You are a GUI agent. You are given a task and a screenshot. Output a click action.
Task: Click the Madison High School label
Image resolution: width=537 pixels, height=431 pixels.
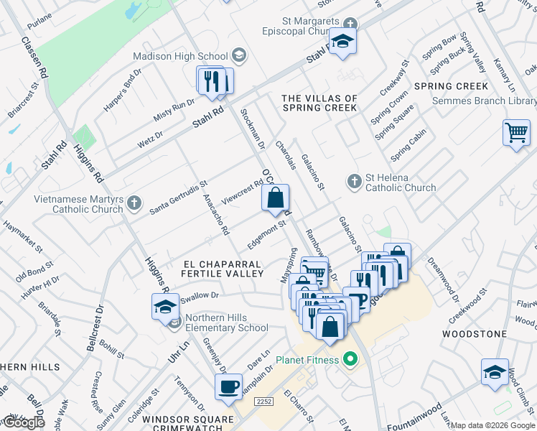point(181,56)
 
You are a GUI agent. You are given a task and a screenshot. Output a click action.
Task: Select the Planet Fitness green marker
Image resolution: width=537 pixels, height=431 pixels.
point(350,358)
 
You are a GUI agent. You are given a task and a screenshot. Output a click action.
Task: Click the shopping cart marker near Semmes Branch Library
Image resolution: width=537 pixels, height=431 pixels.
point(516,133)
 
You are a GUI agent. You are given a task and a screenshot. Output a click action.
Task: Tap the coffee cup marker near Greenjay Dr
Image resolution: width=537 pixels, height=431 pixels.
point(228,386)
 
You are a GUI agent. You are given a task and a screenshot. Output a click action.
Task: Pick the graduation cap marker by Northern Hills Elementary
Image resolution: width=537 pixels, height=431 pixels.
point(165,307)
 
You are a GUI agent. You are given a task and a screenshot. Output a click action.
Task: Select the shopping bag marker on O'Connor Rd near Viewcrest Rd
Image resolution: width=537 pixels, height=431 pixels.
point(276,198)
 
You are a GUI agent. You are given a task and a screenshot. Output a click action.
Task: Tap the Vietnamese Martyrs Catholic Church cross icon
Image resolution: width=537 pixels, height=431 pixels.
point(133,205)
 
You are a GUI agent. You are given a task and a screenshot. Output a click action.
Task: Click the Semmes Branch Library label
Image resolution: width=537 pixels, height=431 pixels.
point(484,101)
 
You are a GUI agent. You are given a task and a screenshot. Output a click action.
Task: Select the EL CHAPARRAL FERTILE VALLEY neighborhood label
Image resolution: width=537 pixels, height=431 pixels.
point(223,268)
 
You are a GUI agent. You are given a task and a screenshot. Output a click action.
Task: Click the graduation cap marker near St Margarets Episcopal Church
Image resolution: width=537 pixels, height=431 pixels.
point(343,42)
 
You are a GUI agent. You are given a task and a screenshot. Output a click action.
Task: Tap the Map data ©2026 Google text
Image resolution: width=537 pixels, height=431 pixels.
point(492,425)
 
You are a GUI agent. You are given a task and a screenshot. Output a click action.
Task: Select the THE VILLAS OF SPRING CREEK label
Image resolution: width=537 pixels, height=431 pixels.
point(319,103)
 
